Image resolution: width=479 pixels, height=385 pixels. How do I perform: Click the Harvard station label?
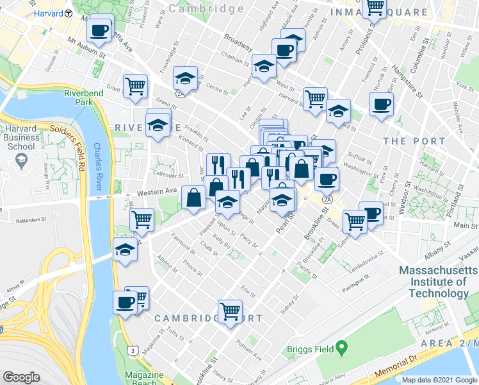click(x=48, y=13)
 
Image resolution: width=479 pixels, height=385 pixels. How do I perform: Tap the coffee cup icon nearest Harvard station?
click(x=101, y=30)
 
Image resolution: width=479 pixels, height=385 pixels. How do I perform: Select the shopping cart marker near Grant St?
click(x=135, y=85)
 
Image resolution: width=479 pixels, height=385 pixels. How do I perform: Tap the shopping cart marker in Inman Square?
click(x=375, y=8)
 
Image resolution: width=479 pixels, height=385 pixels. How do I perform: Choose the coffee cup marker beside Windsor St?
click(x=381, y=104)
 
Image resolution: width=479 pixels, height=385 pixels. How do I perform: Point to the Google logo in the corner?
click(x=21, y=377)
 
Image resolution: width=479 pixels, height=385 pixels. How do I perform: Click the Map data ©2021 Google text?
click(x=439, y=380)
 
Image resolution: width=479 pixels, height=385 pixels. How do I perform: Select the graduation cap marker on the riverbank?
click(x=126, y=251)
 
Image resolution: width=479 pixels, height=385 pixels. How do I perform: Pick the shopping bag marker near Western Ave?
click(x=193, y=198)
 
